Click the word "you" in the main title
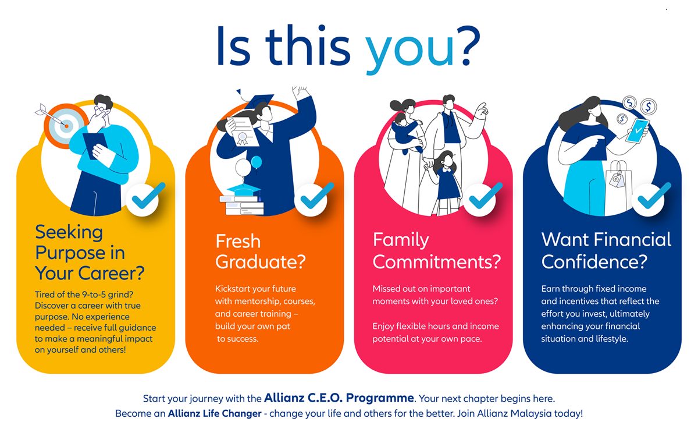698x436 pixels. (409, 50)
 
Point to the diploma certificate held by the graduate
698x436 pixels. (244, 131)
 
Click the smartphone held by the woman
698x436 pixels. (638, 130)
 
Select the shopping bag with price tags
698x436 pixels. (618, 187)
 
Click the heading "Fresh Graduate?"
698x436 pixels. (261, 251)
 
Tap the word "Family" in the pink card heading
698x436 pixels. (401, 240)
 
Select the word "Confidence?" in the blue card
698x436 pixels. (594, 261)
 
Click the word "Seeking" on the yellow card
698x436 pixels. (69, 232)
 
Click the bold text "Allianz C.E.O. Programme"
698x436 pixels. (339, 398)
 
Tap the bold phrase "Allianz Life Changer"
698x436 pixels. (215, 413)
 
